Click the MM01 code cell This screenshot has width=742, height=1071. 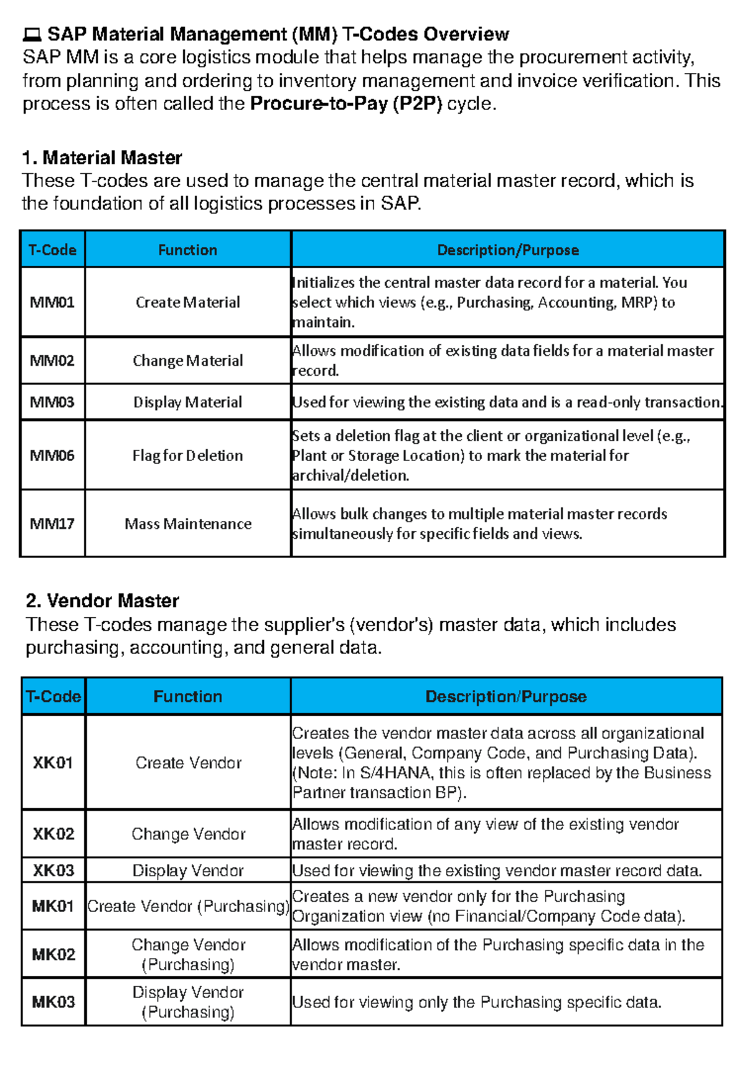53,302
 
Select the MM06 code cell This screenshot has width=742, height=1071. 53,455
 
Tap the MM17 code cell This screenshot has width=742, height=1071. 53,524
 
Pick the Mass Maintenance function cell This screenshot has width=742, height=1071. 188,524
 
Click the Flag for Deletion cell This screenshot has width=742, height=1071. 188,455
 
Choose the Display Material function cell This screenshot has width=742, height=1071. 188,402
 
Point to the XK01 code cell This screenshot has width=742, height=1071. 53,763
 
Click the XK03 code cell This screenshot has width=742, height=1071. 53,870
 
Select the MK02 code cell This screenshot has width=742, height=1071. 53,954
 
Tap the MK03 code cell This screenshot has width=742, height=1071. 53,1002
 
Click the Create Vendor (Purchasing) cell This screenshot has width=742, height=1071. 188,906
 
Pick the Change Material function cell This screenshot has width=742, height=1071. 188,360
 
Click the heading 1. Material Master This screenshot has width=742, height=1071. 102,158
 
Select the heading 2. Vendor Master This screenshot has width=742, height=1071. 103,601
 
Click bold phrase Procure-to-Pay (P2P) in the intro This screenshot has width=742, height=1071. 346,104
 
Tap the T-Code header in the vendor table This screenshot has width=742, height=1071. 53,696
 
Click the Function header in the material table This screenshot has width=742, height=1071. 188,250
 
